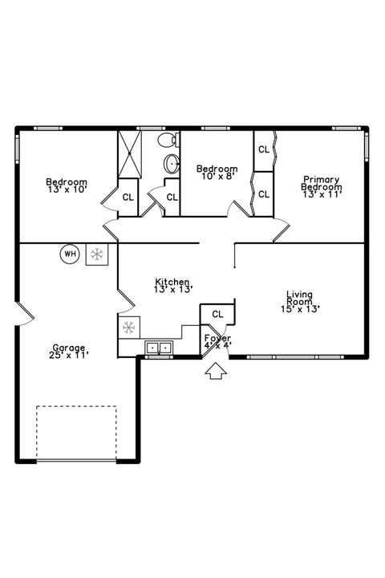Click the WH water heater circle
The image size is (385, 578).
(x=70, y=254)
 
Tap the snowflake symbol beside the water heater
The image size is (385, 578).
(x=97, y=254)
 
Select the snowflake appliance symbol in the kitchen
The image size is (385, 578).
(x=128, y=328)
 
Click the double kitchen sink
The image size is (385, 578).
(x=159, y=348)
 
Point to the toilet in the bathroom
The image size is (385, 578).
(x=167, y=142)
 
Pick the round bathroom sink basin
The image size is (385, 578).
(x=172, y=165)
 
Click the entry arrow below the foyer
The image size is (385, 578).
(x=215, y=371)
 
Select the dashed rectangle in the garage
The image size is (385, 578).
(x=76, y=433)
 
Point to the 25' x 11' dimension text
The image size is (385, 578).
(x=68, y=355)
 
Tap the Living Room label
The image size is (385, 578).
(x=300, y=298)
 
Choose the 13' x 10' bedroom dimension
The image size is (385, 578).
(x=66, y=189)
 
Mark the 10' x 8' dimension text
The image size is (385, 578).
(x=217, y=176)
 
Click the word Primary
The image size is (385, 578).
(x=321, y=180)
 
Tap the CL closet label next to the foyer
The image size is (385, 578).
(x=217, y=314)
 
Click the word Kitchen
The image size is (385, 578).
(x=172, y=282)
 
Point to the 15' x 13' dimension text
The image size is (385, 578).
(x=300, y=309)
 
